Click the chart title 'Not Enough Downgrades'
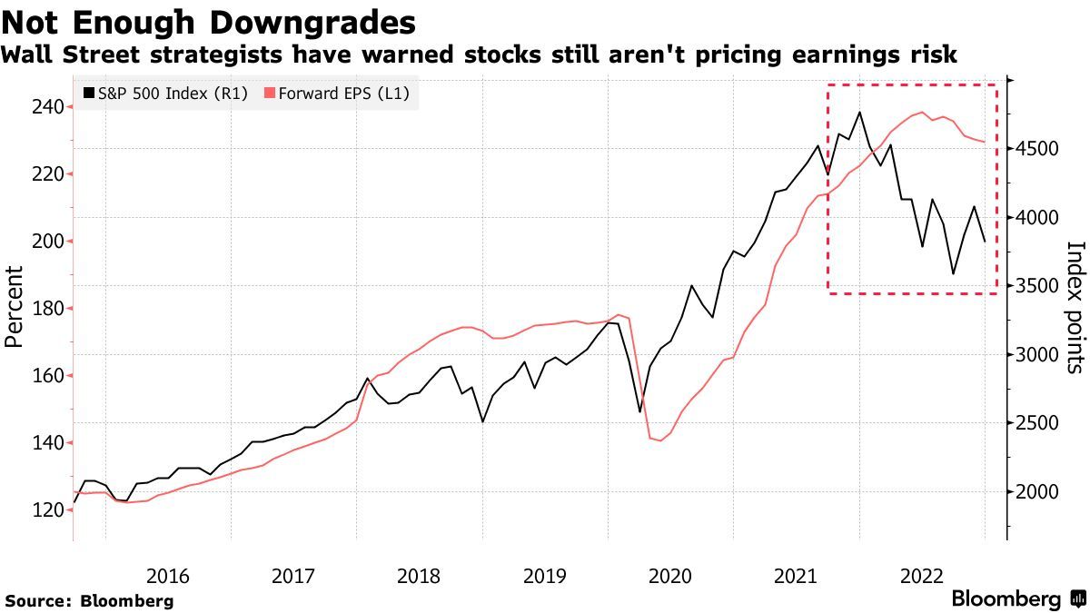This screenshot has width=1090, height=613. tap(209, 21)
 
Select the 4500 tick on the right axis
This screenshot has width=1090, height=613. tap(1038, 149)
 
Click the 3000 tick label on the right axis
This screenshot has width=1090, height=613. tap(1038, 355)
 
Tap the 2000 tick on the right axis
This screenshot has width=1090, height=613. tap(1038, 492)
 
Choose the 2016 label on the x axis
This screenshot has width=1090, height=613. tap(167, 575)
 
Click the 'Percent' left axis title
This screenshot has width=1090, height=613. tap(14, 307)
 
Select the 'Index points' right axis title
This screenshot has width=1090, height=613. tap(1075, 307)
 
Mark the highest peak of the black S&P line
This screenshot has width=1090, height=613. tap(859, 113)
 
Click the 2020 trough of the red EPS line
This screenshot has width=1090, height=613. tap(660, 441)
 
